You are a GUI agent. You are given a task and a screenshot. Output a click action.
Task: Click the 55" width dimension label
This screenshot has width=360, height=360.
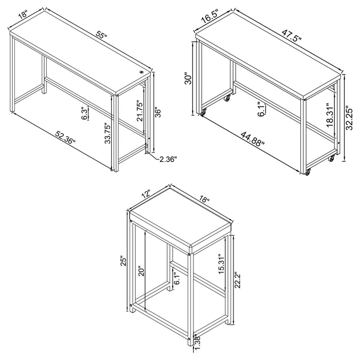(x=101, y=37)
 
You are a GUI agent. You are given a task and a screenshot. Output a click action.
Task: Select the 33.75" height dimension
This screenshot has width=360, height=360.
(x=106, y=133)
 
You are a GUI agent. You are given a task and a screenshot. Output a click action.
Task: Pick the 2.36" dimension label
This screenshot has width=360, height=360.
(x=167, y=160)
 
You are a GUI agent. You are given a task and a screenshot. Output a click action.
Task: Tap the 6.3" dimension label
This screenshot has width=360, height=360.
(x=84, y=113)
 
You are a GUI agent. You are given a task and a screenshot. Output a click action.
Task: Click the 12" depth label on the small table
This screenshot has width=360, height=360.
(x=146, y=195)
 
